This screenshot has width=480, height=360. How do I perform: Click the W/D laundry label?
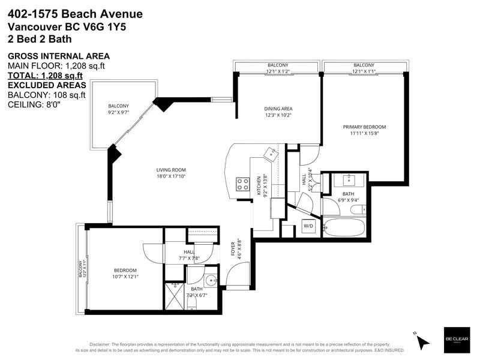coord(308,226)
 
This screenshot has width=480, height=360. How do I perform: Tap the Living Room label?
coord(171,170)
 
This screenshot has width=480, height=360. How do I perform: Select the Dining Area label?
coord(278,109)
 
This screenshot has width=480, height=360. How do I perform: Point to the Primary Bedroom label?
coord(364,127)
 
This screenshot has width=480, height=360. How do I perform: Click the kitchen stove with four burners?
coord(242,185)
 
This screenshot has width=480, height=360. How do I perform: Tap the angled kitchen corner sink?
coord(271,154)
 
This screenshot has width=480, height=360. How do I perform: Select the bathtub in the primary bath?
coord(344,227)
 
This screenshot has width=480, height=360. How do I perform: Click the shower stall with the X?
coord(175,296)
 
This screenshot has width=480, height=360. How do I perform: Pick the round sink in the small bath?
coord(211,280)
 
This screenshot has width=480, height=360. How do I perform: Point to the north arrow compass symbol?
coord(422,340)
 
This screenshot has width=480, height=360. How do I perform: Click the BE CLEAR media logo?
coord(457,339)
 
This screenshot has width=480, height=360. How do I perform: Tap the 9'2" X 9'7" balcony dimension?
coord(118,112)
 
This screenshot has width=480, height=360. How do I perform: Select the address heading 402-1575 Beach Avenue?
coord(75,14)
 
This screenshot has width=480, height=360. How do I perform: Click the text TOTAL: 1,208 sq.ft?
coord(46,76)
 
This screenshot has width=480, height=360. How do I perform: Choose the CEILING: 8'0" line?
coord(34,104)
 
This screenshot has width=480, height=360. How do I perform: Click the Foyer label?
coord(233,248)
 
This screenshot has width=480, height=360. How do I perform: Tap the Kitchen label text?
coord(259,185)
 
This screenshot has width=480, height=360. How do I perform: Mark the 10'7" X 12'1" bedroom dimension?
coord(125,277)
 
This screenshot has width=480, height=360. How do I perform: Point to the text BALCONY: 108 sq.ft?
coord(47,95)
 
